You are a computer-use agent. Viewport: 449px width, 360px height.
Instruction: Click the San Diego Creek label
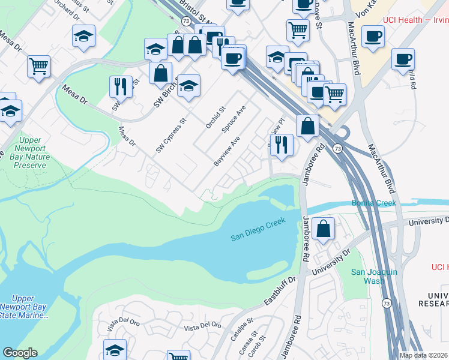coord(257,232)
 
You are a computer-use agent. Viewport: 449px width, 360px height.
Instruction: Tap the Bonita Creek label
coord(375,203)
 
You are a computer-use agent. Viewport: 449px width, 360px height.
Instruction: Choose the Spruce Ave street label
coord(234,119)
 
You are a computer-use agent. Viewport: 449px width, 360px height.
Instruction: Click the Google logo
coord(20,353)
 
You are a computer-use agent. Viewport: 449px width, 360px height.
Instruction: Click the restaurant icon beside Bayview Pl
coord(281,145)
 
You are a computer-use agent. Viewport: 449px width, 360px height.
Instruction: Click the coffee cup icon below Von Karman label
coord(373,37)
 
